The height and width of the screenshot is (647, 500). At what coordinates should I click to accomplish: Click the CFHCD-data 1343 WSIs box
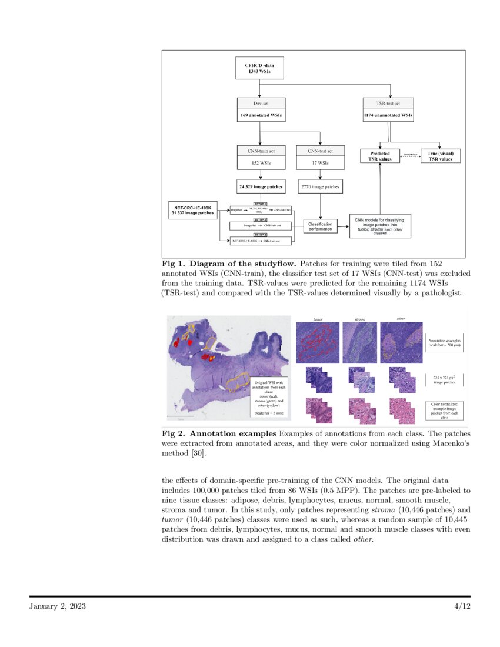pyautogui.click(x=259, y=68)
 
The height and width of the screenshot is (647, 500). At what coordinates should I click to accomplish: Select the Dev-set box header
pyautogui.click(x=261, y=103)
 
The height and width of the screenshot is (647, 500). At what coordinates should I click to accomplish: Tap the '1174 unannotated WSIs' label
pyautogui.click(x=388, y=116)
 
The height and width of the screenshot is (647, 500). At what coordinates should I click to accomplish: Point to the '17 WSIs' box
pyautogui.click(x=320, y=163)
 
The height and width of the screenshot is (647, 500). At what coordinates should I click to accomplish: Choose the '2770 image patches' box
pyautogui.click(x=320, y=187)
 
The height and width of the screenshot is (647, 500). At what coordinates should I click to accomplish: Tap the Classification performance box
pyautogui.click(x=320, y=225)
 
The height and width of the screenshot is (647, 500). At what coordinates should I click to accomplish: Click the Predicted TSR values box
pyautogui.click(x=380, y=156)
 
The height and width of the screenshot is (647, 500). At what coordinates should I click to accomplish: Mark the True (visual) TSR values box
pyautogui.click(x=441, y=156)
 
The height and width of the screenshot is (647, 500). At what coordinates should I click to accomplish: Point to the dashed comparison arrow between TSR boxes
pyautogui.click(x=411, y=155)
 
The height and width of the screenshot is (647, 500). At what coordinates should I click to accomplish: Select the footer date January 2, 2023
pyautogui.click(x=58, y=606)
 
